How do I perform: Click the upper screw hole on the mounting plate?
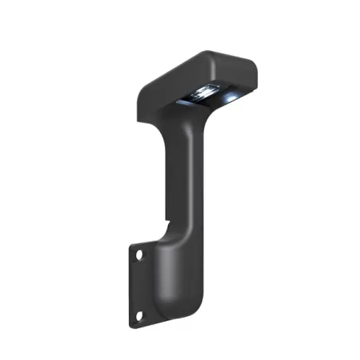tap(139, 256)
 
